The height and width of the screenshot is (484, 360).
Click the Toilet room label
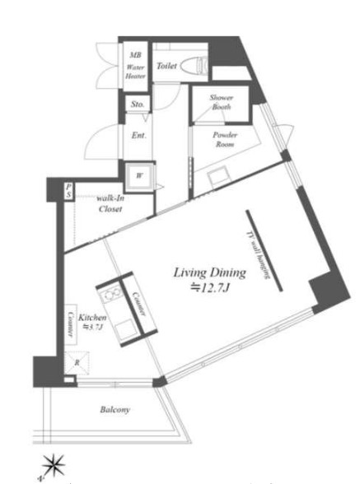(x=167, y=63)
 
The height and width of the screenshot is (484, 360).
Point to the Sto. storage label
(x=137, y=105)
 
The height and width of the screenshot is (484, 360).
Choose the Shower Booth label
(x=222, y=102)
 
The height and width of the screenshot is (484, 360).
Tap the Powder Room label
(x=225, y=138)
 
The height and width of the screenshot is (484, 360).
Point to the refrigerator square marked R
(x=76, y=362)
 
